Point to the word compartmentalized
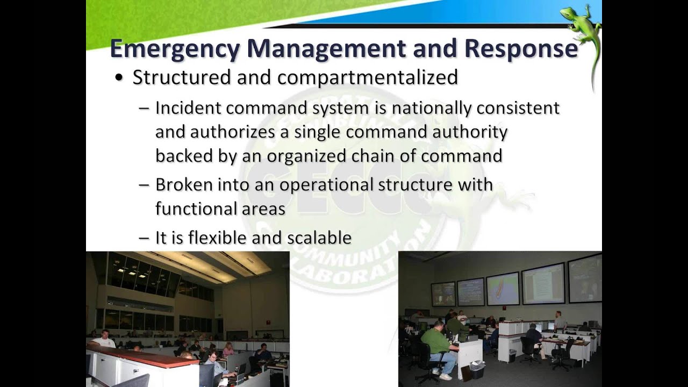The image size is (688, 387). click(368, 77)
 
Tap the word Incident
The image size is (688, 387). click(188, 108)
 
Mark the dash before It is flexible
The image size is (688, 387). click(144, 238)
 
